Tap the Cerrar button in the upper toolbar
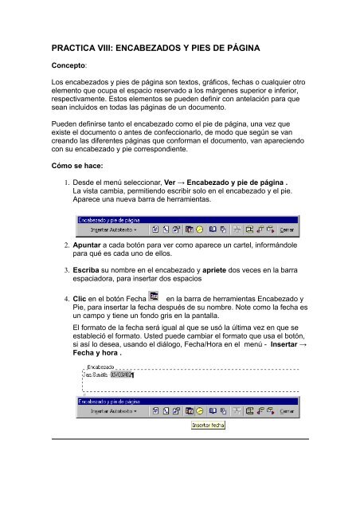pyautogui.click(x=286, y=229)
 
